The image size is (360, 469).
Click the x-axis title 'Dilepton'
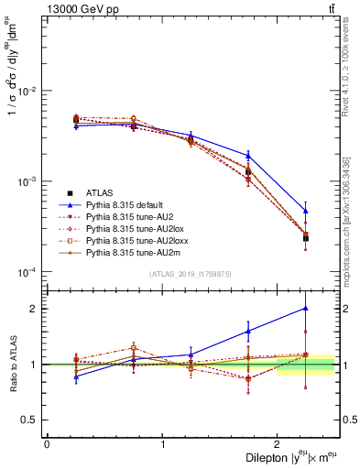click(266, 457)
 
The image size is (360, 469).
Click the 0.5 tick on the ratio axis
click(31, 420)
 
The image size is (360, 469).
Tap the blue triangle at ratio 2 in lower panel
click(306, 309)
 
